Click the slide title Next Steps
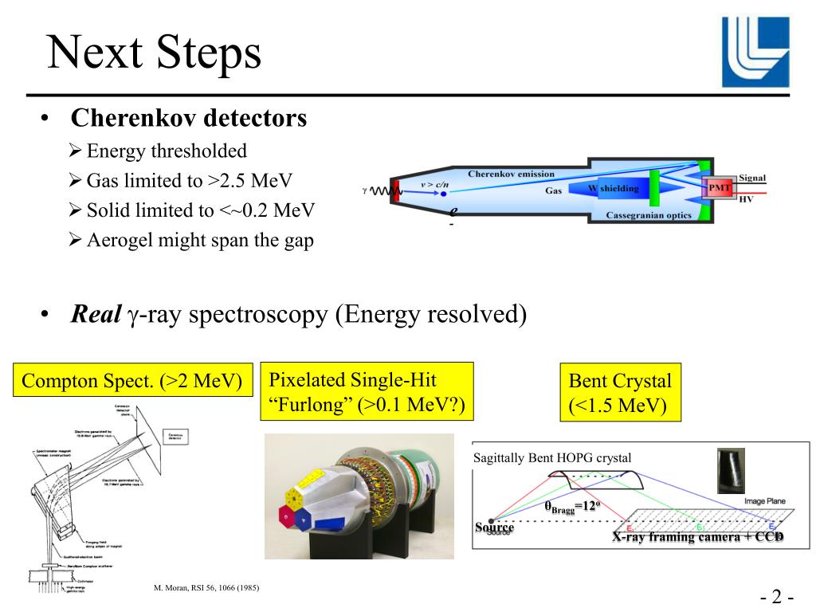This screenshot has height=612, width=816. coord(154,53)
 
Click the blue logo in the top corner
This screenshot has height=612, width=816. coord(755,52)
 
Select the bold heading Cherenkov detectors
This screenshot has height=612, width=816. coord(188,119)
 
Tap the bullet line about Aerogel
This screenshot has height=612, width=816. coord(200,241)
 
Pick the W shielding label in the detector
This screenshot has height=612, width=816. coord(614,189)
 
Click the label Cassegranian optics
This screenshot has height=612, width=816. coord(649,215)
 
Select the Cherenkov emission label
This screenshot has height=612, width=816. coord(511,174)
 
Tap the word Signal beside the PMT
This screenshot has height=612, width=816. coord(752,178)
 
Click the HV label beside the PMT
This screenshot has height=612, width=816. coord(746,199)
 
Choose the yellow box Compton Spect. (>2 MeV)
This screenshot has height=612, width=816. coord(132,381)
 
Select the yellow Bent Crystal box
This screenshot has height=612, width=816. coord(620,393)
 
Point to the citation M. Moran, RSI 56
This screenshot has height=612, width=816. coord(206,588)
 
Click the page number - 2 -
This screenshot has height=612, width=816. coord(775,598)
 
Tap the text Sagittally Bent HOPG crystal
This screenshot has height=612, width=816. coord(552,457)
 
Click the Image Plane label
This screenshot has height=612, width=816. coord(764,501)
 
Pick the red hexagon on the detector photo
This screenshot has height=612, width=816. coord(287,516)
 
